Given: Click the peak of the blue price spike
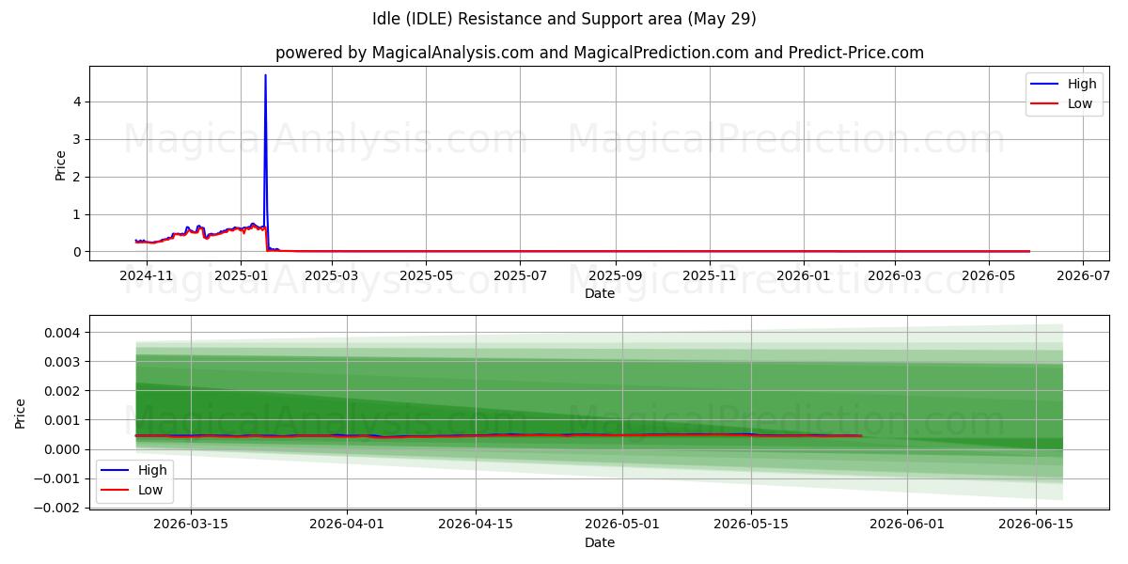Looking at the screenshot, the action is pos(265,75).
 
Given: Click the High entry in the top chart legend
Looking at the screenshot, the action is pos(1063,84).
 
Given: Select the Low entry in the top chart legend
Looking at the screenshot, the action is pos(1061,103).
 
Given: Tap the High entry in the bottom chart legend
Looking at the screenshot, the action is pos(133,470).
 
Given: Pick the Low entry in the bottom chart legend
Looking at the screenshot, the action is pos(132,490).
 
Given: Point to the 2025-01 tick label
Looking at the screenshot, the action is pos(241,276).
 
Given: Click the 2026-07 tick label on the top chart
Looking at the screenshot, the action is pos(1083,276).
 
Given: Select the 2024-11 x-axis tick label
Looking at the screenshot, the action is pos(147,276).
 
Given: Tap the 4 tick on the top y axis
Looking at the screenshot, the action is pos(77,102).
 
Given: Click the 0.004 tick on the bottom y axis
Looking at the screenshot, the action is pos(62,333).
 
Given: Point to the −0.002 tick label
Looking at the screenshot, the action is pos(57,508).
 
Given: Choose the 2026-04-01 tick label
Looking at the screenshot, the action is pos(347,525).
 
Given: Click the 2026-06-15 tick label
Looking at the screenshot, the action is pos(1036,525).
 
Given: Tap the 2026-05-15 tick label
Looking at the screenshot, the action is pos(751,525).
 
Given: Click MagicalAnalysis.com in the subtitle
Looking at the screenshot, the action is pos(453,53).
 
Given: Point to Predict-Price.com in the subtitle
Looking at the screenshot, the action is pos(856,53).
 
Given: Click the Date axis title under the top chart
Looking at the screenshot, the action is pos(600,293).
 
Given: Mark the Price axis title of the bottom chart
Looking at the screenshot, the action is pos(20,414).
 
